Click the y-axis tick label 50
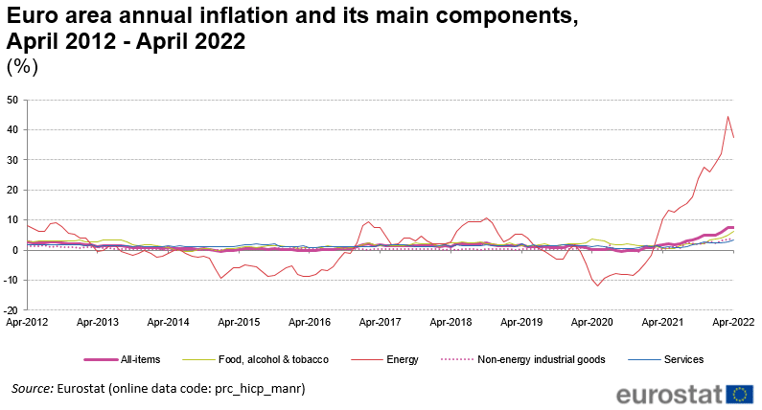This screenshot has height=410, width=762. [x=12, y=100]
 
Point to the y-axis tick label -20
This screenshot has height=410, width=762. [x=10, y=309]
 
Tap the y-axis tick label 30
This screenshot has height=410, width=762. [x=12, y=160]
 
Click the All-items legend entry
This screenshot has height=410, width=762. [x=140, y=359]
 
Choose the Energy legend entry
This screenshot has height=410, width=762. [x=401, y=359]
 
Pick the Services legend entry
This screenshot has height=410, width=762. [x=683, y=359]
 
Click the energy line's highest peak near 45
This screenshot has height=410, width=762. [x=727, y=117]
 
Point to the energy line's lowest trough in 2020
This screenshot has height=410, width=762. [x=598, y=285]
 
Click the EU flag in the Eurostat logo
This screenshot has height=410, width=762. [x=740, y=394]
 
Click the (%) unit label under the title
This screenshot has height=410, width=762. [x=22, y=66]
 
